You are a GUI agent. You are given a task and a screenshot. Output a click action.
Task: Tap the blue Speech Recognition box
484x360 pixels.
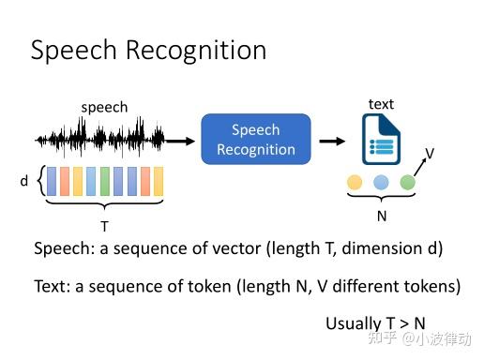[x=256, y=140]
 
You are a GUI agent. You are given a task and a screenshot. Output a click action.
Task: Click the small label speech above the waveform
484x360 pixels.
[x=104, y=108]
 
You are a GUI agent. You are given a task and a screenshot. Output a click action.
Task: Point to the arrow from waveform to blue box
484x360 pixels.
[x=183, y=141]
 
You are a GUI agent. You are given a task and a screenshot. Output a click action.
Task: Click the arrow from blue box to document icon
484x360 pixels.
[x=330, y=141]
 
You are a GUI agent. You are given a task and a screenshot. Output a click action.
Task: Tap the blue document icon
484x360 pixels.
[x=381, y=142]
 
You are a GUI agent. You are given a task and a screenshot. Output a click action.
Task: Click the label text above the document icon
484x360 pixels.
[x=381, y=104]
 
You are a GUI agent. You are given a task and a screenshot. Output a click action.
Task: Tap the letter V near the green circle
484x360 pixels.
[x=430, y=153]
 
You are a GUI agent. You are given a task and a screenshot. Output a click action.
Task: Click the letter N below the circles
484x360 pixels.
[x=382, y=215]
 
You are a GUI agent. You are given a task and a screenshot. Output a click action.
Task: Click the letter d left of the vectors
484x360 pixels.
[x=24, y=181]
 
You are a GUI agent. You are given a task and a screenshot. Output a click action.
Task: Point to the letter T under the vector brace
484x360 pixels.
[x=104, y=226]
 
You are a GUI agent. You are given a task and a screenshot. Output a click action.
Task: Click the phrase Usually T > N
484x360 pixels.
[x=375, y=322]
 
